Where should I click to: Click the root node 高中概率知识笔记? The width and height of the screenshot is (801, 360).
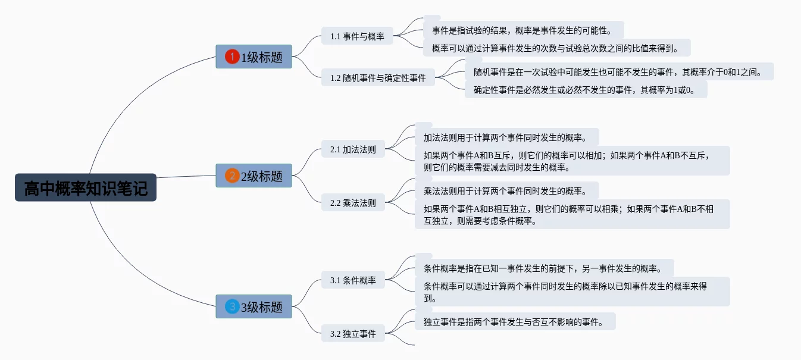coord(86,187)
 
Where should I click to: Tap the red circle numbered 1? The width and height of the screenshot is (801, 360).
coord(232,57)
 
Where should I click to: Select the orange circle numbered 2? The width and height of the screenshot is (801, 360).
coord(232,176)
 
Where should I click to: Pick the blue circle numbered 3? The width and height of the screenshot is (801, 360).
coord(232,306)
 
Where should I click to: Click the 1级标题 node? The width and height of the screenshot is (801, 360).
coord(254,57)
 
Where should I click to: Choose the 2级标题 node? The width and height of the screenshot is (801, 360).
coord(254,176)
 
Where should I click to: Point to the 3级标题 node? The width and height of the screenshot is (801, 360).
coord(254,306)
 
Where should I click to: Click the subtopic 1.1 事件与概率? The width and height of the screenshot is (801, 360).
coord(357,36)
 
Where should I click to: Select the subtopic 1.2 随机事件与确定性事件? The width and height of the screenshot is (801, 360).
coord(378,77)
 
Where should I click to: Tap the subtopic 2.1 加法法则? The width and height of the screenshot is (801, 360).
coord(353,149)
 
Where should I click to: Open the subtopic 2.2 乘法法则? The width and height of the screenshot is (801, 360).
coord(353,202)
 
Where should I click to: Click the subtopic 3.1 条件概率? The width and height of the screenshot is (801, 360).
coord(353,280)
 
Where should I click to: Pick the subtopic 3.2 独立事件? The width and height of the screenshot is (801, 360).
coord(353,333)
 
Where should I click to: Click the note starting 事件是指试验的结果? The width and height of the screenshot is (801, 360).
coord(524,30)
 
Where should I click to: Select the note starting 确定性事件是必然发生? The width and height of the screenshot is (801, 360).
coord(586,89)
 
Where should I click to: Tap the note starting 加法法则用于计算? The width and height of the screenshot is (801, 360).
coord(506,137)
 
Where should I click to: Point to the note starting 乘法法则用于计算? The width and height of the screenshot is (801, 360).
coord(506,190)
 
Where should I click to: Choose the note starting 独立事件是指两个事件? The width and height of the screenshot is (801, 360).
coord(515,321)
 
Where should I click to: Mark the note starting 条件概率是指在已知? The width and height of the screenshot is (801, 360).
coord(545,268)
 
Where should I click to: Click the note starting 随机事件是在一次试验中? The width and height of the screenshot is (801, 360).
coord(619,71)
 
